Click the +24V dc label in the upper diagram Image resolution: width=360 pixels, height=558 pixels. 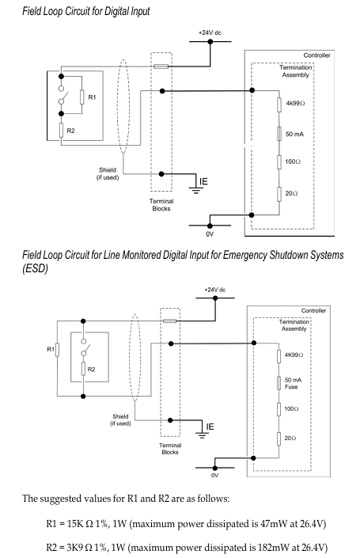point(210,32)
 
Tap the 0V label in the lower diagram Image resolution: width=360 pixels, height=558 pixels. point(215,476)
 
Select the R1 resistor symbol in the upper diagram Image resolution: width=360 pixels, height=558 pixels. point(81,97)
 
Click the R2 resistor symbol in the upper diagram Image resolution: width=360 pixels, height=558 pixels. point(61,131)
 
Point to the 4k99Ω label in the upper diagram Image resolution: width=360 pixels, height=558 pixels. point(295,104)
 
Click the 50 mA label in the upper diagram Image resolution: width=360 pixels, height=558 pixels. point(294,135)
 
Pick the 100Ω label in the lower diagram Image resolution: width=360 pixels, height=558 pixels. point(291,409)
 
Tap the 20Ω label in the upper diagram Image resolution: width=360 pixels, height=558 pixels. point(291,193)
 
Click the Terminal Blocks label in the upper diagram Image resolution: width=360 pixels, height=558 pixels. point(161,205)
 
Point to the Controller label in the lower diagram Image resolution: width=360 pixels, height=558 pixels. point(313,311)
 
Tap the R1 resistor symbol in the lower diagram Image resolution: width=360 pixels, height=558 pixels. point(57,350)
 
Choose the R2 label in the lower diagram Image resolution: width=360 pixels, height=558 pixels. point(92,370)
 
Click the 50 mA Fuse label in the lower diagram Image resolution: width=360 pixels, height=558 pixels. point(293,383)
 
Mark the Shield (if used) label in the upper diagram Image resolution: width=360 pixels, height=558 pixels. point(108,173)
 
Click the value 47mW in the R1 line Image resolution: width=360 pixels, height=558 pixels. point(267,524)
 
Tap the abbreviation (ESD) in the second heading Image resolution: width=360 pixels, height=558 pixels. point(36,268)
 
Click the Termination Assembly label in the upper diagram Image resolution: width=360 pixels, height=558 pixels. point(295,71)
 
